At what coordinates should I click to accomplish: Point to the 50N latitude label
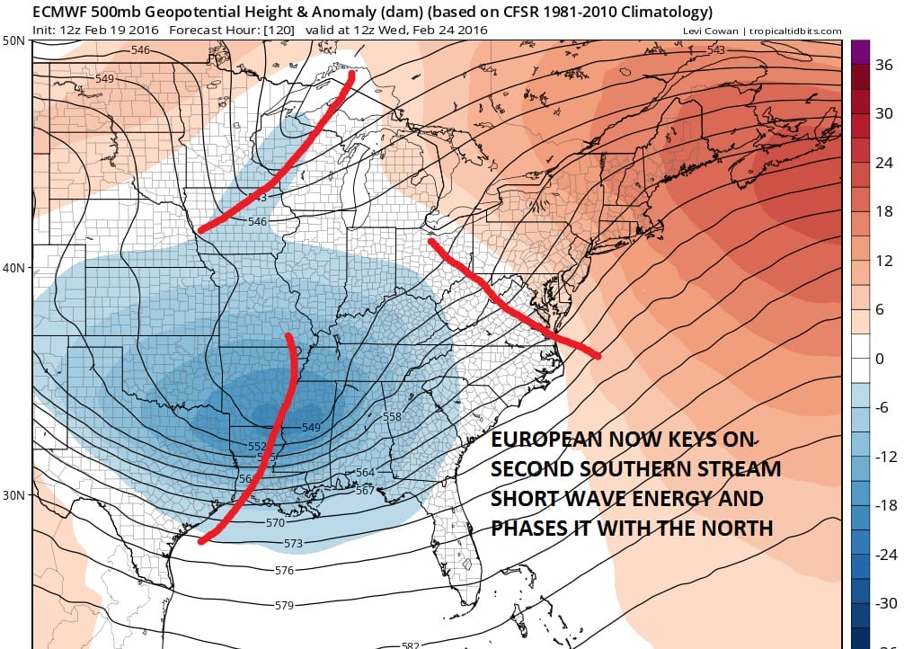pyautogui.click(x=13, y=41)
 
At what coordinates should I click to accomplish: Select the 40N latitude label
pyautogui.click(x=13, y=268)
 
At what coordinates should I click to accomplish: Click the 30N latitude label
pyautogui.click(x=13, y=495)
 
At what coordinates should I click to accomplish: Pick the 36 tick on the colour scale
pyautogui.click(x=885, y=66)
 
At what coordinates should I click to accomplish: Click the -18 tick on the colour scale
pyautogui.click(x=885, y=506)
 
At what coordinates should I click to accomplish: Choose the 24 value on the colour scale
pyautogui.click(x=885, y=163)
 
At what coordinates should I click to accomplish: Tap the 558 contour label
pyautogui.click(x=392, y=417)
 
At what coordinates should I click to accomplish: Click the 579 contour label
pyautogui.click(x=284, y=605)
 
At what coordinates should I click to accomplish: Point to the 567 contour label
pyautogui.click(x=391, y=490)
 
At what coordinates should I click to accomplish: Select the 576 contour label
pyautogui.click(x=284, y=571)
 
